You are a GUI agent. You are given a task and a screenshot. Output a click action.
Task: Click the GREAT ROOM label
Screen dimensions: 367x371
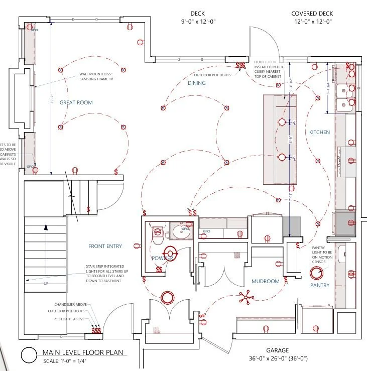point(76,102)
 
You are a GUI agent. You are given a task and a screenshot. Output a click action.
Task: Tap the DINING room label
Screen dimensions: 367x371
point(197,83)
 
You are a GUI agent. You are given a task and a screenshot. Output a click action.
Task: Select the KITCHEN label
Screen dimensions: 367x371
point(319,132)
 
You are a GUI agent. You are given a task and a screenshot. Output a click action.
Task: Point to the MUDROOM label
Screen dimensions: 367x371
point(265,281)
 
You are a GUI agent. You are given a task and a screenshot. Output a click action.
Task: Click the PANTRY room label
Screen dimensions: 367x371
point(319,286)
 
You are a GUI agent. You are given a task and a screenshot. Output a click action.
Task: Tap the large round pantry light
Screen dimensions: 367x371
point(316,273)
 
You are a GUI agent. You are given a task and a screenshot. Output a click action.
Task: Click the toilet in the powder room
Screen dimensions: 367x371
point(157,232)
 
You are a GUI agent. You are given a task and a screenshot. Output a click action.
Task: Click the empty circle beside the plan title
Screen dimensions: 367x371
point(30,355)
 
